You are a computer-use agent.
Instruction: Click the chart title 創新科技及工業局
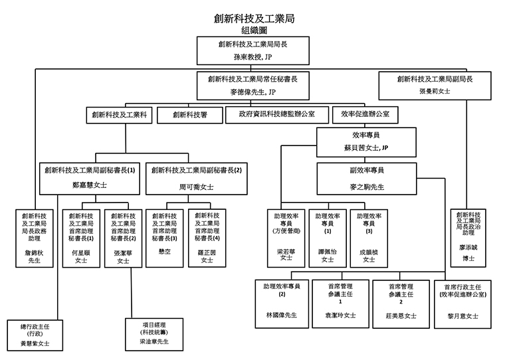[254, 18]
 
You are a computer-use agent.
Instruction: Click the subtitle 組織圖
[254, 30]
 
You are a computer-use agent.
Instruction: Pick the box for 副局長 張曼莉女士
[435, 84]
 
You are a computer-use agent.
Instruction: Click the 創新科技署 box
[189, 114]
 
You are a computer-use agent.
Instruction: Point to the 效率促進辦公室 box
[365, 114]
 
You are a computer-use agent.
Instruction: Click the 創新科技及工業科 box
[120, 114]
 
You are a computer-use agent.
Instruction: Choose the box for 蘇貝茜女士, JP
[365, 140]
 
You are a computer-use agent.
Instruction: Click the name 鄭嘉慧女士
[89, 186]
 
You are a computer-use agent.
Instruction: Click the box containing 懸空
[164, 237]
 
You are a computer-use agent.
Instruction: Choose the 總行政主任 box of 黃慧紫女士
[35, 334]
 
